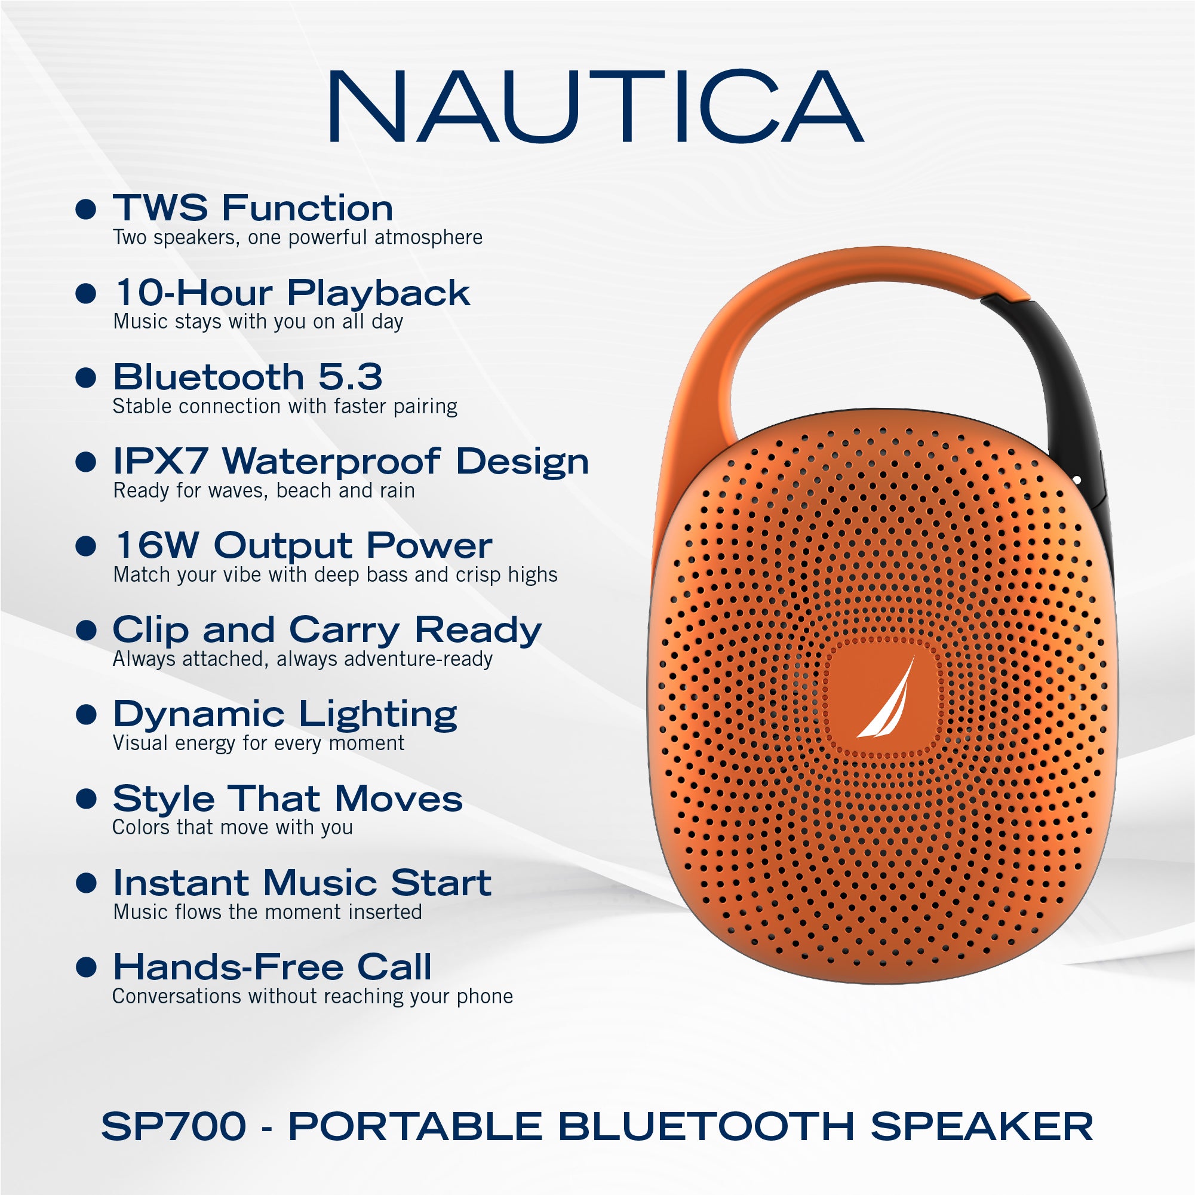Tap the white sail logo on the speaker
pos(886,698)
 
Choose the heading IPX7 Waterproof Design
pos(351,462)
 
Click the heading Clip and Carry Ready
pos(327,630)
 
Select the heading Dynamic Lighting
pos(285,715)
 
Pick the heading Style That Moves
pos(288,798)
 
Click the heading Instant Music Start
pos(302,883)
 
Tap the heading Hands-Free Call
pos(273,967)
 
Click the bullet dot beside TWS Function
pos(86,209)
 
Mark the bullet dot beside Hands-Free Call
pos(86,967)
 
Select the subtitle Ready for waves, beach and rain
pos(264,490)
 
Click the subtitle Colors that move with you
pos(232,828)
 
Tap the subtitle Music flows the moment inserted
pos(268,912)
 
